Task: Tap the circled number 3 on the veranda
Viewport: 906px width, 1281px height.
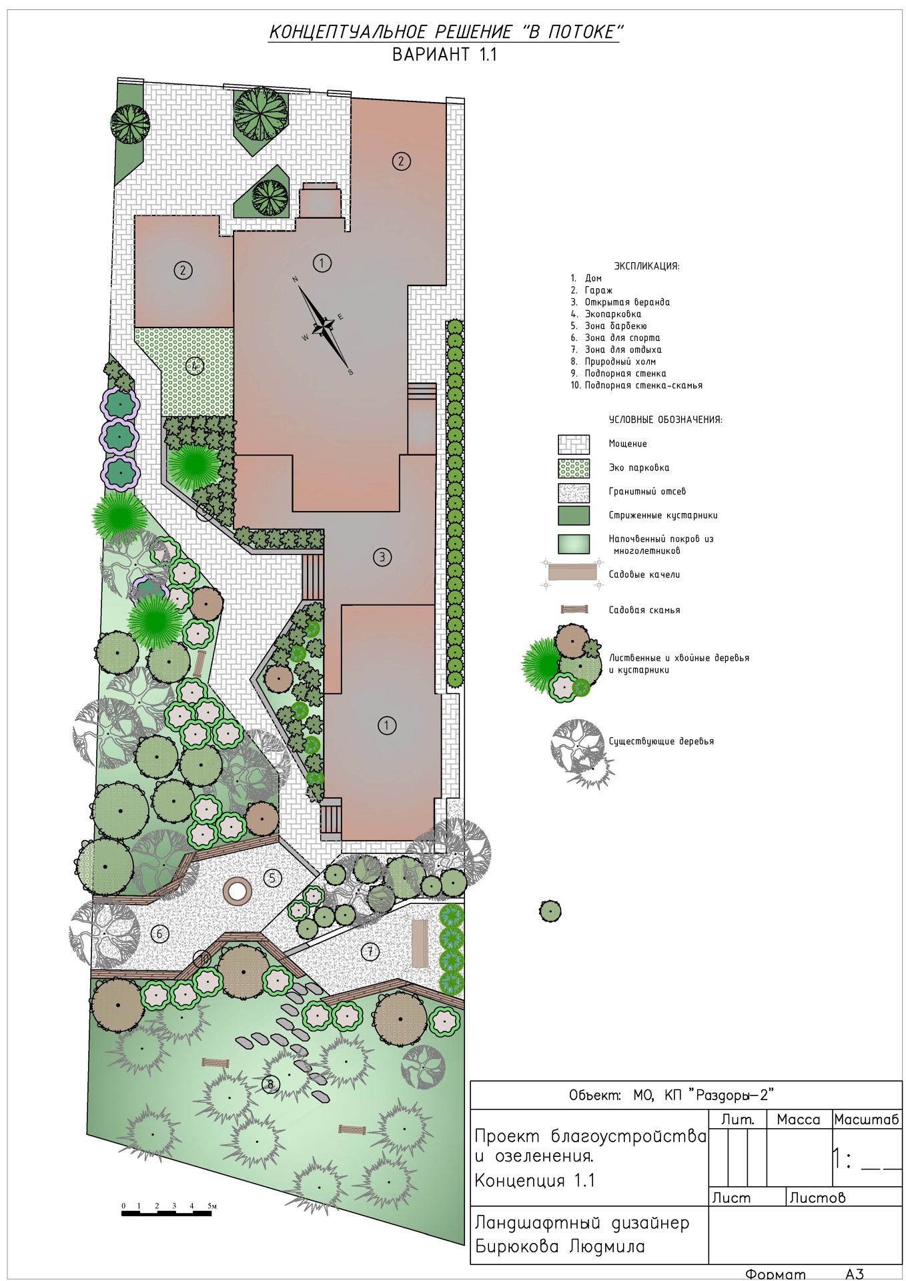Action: tap(382, 556)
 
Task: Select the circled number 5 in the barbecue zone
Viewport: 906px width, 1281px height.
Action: tap(272, 878)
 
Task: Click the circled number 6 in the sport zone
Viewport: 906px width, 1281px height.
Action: tap(159, 934)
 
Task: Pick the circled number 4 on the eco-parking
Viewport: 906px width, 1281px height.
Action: tap(194, 366)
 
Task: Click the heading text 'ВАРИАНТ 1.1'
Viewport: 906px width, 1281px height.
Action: tap(444, 55)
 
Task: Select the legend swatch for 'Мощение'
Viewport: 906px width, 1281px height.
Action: tap(574, 444)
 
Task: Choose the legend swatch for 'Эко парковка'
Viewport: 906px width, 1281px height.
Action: tap(574, 468)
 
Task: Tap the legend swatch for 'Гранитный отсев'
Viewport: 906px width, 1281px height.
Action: tap(574, 492)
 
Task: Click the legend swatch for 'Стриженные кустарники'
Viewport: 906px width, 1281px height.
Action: tap(574, 516)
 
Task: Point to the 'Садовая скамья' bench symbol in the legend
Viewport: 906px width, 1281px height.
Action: tap(574, 609)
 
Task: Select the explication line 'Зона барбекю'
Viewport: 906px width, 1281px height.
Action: tap(616, 326)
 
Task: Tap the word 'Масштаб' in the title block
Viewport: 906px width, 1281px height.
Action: tap(867, 1119)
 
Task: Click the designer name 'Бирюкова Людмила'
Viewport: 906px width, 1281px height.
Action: tap(560, 1247)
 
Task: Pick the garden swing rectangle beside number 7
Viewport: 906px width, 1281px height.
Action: tap(420, 943)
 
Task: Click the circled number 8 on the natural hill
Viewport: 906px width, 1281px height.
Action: tap(270, 1084)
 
